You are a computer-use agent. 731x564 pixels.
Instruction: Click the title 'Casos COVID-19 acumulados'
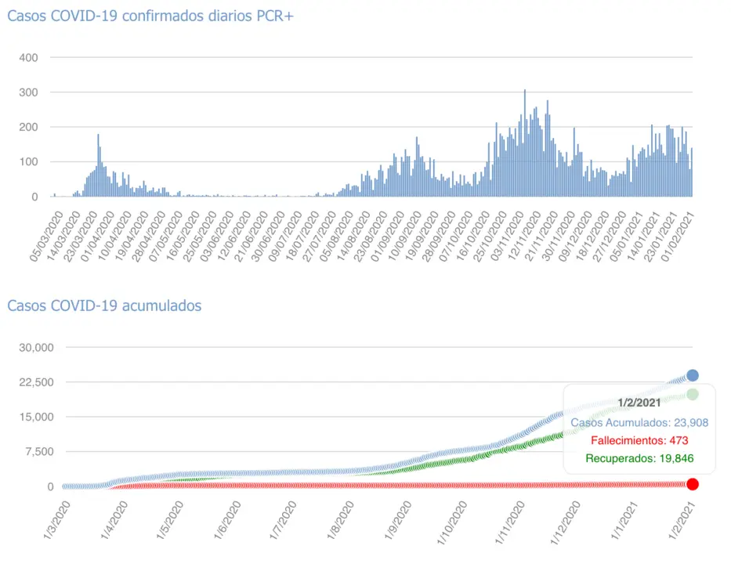(104, 305)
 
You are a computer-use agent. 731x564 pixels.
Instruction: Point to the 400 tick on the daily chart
(29, 58)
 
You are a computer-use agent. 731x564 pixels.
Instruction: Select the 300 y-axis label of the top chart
(29, 92)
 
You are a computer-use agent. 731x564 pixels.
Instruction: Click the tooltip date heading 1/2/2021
(639, 402)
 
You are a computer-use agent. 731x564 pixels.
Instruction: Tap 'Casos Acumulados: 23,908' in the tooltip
(639, 423)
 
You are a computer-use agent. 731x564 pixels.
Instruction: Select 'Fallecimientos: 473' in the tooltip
(639, 440)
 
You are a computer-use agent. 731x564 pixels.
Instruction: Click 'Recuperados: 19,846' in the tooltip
(639, 457)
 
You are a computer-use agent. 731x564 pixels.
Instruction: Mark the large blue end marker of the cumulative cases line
(693, 375)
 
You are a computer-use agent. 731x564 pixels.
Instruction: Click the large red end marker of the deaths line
(693, 484)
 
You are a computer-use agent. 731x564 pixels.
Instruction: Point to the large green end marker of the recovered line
(693, 394)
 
